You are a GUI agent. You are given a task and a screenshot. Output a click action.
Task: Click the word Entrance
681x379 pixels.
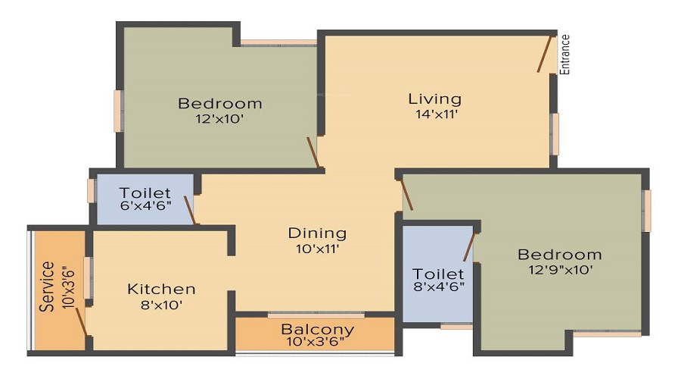point(564,55)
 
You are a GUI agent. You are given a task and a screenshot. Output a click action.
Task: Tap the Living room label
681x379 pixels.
point(434,99)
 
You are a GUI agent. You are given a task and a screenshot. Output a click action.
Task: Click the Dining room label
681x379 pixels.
point(317,233)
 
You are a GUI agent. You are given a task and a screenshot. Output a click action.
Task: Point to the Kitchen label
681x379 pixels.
point(161,289)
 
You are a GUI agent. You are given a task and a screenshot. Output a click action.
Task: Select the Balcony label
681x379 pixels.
point(317,329)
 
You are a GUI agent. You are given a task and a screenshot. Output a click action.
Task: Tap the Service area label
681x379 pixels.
point(48,286)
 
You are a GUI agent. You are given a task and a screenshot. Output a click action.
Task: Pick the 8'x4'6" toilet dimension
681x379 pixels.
point(438,287)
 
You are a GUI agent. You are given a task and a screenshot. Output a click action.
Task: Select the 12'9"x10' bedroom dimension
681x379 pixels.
point(560,269)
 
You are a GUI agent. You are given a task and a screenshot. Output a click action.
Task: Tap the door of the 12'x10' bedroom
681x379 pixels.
point(313,152)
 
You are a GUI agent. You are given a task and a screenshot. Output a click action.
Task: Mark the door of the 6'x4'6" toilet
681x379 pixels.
point(191,210)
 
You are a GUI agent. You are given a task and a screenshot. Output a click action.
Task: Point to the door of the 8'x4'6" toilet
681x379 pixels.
point(469,246)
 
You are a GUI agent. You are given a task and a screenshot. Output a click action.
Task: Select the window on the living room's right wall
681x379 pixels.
point(555,133)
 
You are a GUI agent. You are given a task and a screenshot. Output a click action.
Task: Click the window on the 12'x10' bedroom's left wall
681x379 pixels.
point(118,111)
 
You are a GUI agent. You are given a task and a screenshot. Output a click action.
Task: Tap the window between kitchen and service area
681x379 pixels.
point(89,277)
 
